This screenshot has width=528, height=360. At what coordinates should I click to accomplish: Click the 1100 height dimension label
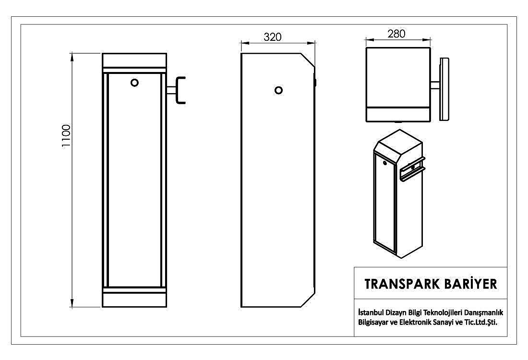(66, 136)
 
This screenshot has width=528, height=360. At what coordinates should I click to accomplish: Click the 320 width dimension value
(273, 37)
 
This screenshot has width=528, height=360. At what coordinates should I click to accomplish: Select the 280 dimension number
(396, 34)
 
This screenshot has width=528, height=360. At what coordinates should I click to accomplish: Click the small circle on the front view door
(134, 83)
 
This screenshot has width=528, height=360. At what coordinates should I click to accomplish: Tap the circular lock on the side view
(278, 90)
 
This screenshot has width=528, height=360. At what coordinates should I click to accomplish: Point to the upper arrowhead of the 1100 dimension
(72, 57)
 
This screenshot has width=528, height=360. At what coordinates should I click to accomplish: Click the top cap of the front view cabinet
(134, 60)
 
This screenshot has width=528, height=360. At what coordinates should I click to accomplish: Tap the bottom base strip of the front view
(134, 300)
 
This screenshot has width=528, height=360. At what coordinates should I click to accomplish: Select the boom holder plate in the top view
(444, 89)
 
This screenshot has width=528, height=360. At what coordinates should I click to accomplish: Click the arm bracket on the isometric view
(411, 169)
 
